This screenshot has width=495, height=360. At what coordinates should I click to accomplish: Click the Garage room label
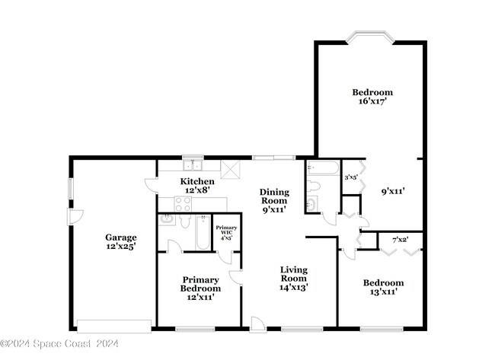click(x=121, y=242)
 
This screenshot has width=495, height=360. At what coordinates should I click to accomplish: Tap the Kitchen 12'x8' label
click(x=196, y=186)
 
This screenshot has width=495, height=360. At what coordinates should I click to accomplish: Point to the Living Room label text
click(x=293, y=278)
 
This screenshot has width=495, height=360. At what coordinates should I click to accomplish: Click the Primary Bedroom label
click(x=200, y=288)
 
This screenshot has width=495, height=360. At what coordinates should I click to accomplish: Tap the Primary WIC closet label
click(x=225, y=232)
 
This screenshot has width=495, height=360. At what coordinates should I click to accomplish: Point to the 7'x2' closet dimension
click(x=401, y=240)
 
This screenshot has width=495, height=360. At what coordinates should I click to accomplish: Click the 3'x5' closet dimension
click(x=351, y=177)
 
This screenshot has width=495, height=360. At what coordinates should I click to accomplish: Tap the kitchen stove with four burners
click(x=184, y=203)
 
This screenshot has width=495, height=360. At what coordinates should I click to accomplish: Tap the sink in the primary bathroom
click(x=168, y=219)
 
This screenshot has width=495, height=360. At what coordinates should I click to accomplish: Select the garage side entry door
click(x=75, y=217)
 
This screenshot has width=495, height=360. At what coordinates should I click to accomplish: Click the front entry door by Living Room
click(x=259, y=326)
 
